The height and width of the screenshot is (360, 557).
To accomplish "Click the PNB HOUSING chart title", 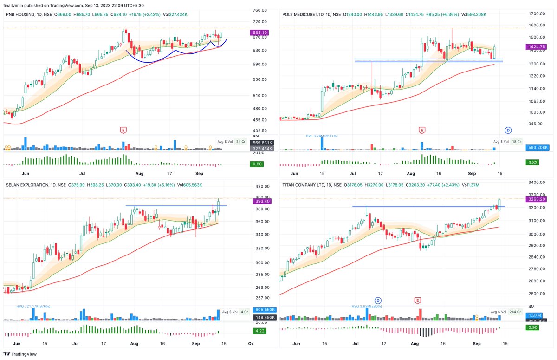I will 21,14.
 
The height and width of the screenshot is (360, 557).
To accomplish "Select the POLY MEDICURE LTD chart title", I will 306,14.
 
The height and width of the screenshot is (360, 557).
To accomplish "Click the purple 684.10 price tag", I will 259,33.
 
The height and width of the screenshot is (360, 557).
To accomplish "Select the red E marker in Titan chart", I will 418,301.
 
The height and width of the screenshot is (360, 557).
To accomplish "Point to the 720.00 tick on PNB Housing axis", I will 259,22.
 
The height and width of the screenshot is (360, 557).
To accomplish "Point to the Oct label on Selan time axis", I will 251,344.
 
